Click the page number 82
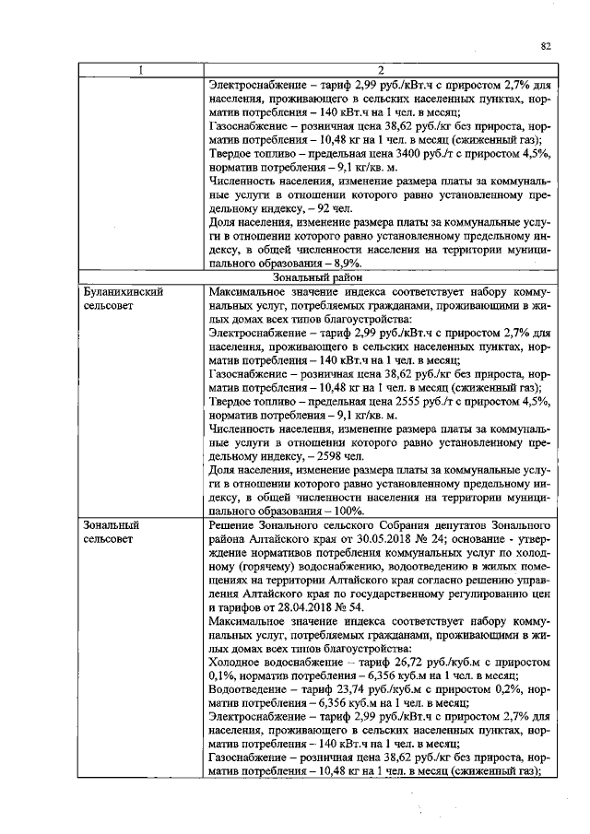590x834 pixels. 546,45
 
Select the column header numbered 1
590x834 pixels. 140,70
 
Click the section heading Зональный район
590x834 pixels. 316,276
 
